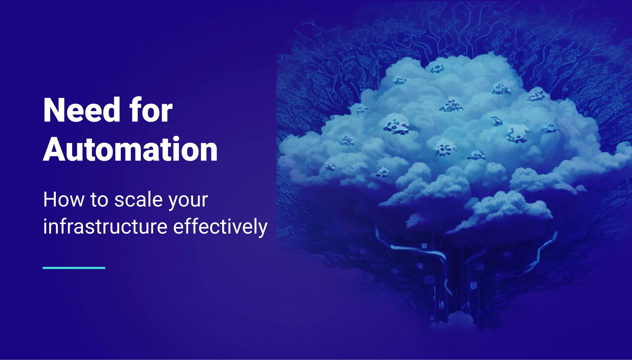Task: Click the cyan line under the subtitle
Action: click(74, 268)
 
